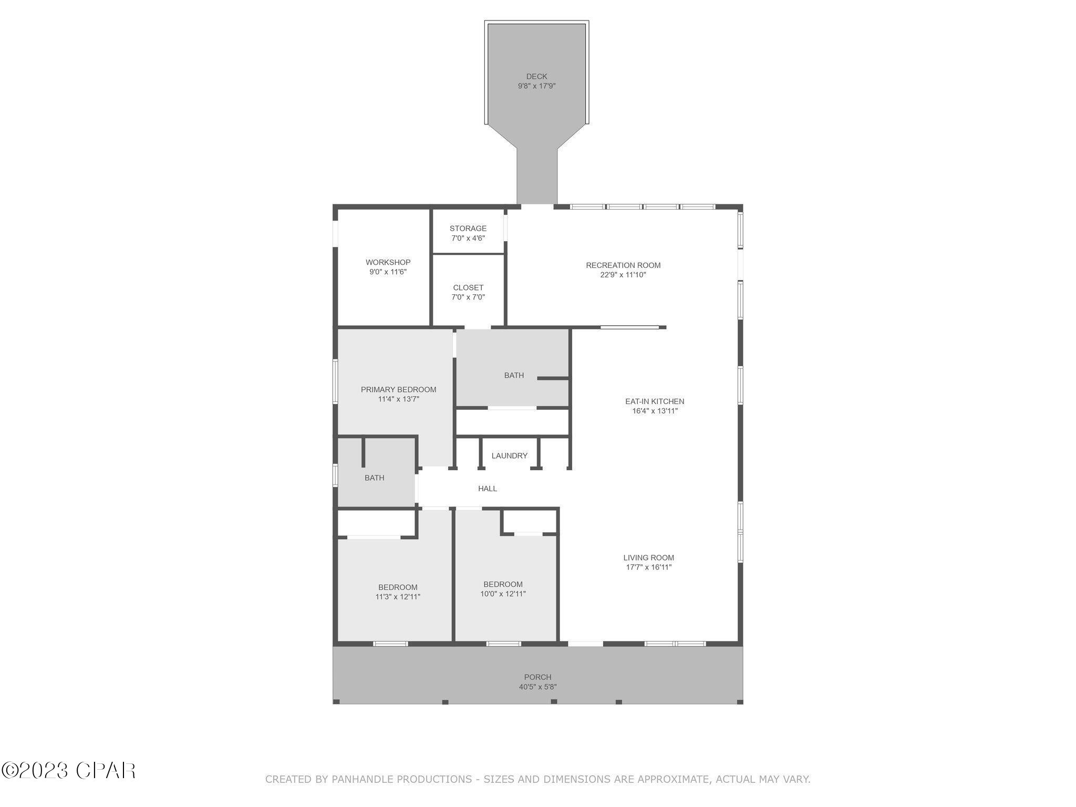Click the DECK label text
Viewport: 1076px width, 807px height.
pos(536,77)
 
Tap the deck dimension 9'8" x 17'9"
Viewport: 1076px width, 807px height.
pos(536,86)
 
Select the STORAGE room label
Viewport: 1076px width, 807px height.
pos(468,229)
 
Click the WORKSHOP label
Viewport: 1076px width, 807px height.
pos(388,262)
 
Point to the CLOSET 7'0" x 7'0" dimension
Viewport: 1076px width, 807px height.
pos(468,297)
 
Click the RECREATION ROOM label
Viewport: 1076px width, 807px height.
pos(623,265)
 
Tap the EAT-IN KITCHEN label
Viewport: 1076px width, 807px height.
pos(654,401)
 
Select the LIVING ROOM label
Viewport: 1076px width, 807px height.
pos(648,557)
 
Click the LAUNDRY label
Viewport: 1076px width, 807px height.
pos(509,456)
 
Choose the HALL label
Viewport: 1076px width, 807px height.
pos(487,489)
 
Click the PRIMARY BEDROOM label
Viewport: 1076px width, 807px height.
pos(398,389)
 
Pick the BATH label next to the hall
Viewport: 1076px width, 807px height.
pos(374,478)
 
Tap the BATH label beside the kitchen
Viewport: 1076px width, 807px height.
pos(513,375)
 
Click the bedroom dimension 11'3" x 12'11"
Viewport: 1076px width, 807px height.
pos(398,597)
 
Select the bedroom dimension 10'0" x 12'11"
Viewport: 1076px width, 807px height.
pos(503,594)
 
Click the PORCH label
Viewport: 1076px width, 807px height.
pos(537,677)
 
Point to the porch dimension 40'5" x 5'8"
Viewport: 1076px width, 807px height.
pos(537,687)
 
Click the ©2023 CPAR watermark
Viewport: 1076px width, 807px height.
pos(68,771)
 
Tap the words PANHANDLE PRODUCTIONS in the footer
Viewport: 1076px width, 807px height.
pos(401,779)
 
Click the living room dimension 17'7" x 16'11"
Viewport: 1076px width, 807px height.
pos(648,567)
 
